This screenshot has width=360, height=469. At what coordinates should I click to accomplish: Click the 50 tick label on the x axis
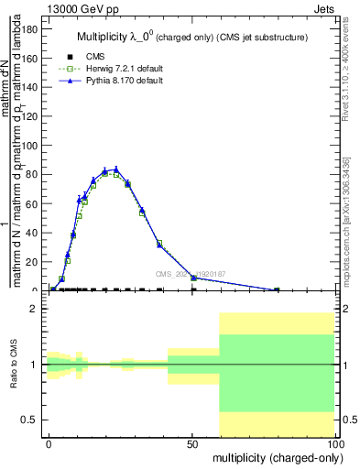192,442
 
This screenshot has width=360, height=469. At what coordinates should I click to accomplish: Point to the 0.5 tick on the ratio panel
28,420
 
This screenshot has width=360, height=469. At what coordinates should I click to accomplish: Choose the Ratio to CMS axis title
14,365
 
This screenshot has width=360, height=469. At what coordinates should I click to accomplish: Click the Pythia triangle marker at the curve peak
116,169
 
